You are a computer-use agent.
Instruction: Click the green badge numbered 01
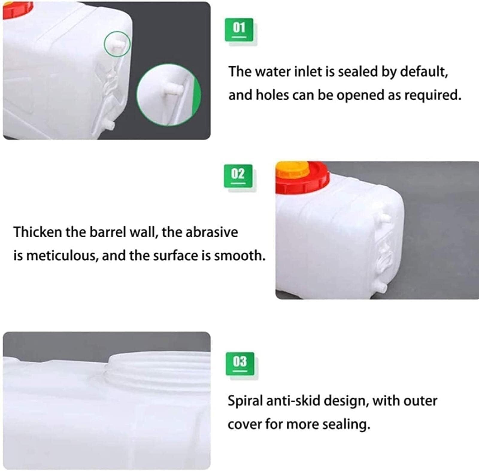pos(239,30)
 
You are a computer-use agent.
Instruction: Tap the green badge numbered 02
pos(238,176)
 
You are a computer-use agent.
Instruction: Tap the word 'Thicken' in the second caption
pos(37,232)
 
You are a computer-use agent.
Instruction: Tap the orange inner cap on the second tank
pos(292,170)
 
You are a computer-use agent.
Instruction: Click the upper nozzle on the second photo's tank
pos(385,218)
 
